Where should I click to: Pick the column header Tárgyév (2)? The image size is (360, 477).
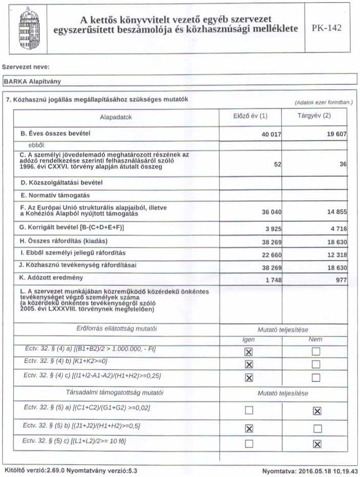coord(314,116)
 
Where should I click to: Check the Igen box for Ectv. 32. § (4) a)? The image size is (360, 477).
coord(249,352)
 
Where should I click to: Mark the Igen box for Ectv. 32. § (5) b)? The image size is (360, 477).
coord(249,428)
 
